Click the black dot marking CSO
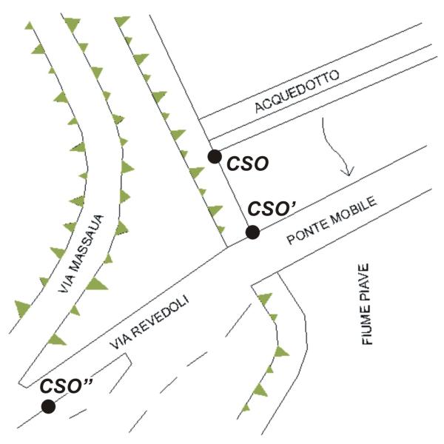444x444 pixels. (x=215, y=157)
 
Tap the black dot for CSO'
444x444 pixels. (x=252, y=232)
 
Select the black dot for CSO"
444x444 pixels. (x=48, y=406)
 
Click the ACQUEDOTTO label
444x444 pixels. (x=297, y=91)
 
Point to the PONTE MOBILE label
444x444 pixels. (x=332, y=220)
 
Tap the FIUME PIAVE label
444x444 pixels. (x=366, y=304)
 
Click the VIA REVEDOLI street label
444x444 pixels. (x=149, y=322)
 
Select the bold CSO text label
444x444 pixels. (x=248, y=164)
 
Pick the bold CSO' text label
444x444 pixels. (x=272, y=209)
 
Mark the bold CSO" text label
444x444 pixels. (x=66, y=386)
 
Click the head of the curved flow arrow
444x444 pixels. (x=348, y=171)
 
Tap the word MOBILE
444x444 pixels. (x=354, y=209)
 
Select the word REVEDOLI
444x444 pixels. (x=161, y=315)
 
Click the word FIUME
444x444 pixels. (x=366, y=326)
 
